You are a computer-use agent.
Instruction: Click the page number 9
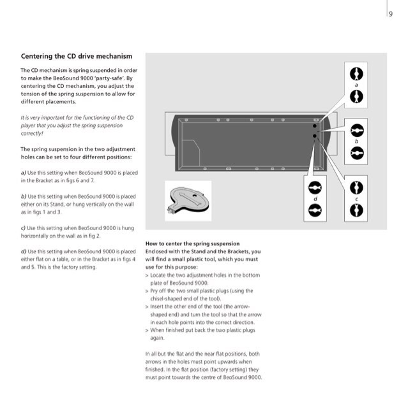coord(390,15)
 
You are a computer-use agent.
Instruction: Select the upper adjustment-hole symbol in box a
coord(357,71)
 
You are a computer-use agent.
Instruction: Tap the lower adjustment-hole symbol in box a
coord(357,96)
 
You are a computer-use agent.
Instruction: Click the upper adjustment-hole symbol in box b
coord(357,129)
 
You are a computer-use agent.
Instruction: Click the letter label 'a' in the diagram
coord(357,84)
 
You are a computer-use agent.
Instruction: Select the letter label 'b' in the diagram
coord(357,141)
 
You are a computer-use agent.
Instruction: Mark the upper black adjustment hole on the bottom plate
coord(314,127)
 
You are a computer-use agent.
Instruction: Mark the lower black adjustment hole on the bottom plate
coord(314,135)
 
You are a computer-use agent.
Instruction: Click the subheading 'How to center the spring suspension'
coord(192,243)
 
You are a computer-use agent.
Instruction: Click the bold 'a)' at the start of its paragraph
coord(24,173)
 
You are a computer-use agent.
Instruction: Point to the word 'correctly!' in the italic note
coord(33,133)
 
